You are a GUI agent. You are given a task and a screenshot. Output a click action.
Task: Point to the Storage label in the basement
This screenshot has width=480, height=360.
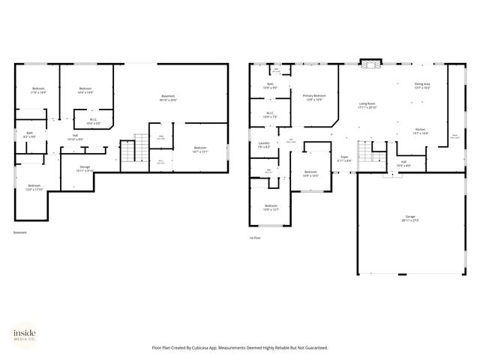coord(84,169)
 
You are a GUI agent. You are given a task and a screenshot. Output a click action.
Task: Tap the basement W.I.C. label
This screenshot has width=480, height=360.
coord(93,121)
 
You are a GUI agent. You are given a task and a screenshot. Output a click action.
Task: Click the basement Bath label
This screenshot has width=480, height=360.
coord(29,135)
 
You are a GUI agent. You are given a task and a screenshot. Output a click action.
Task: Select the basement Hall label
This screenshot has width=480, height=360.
coord(75,137)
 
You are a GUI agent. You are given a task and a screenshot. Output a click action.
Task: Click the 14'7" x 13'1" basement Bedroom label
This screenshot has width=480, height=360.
coord(199,149)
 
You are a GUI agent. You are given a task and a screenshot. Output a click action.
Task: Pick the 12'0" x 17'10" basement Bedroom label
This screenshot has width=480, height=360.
coord(34,187)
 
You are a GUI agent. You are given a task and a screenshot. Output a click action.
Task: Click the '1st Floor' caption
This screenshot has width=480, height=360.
coord(255,238)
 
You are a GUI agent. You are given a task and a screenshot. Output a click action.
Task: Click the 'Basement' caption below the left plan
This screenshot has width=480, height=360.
coord(19,232)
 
